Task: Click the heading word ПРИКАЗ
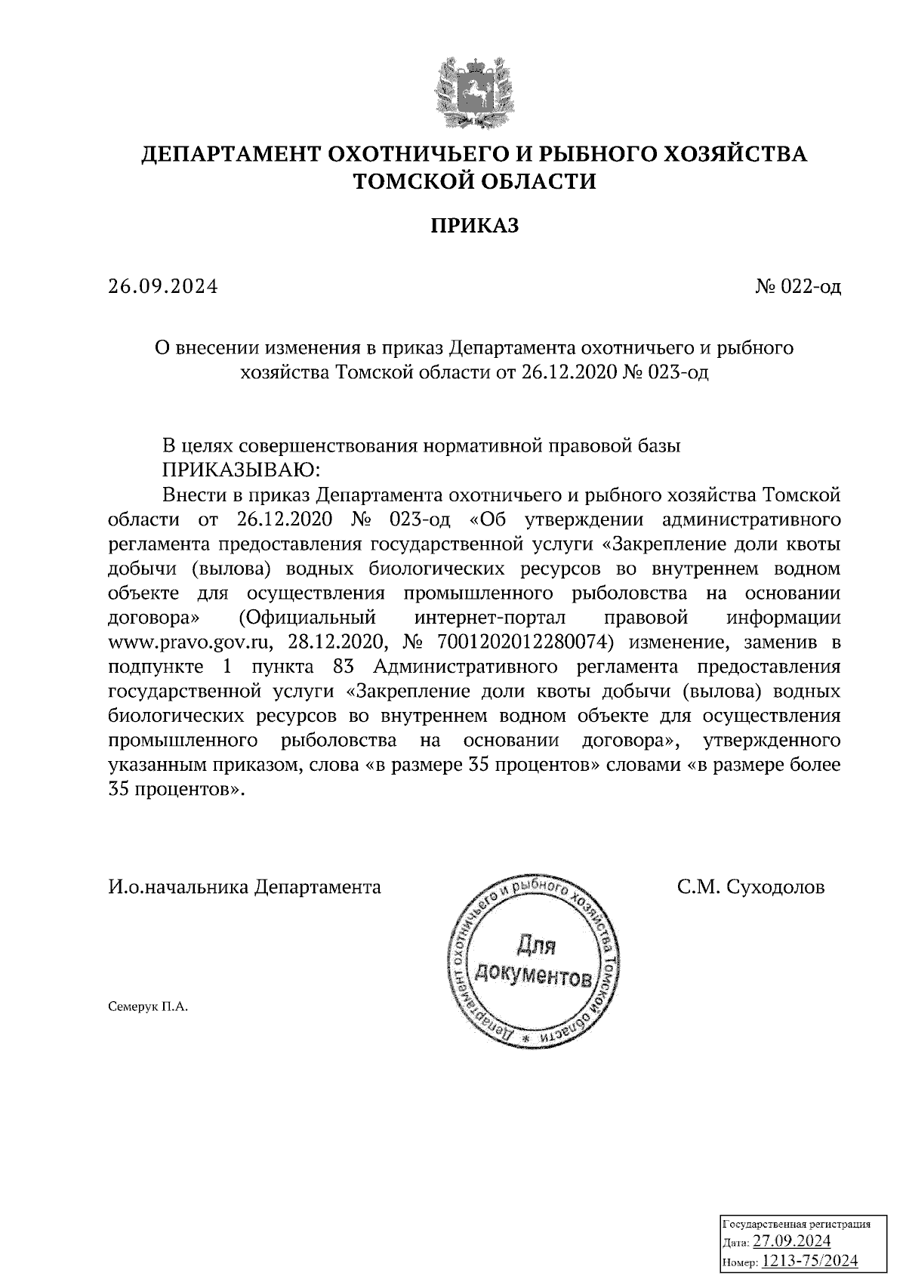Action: point(475,225)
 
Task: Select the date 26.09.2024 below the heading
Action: point(162,287)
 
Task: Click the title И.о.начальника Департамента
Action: point(245,886)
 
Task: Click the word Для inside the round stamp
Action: point(535,944)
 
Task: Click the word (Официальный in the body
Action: point(307,618)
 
